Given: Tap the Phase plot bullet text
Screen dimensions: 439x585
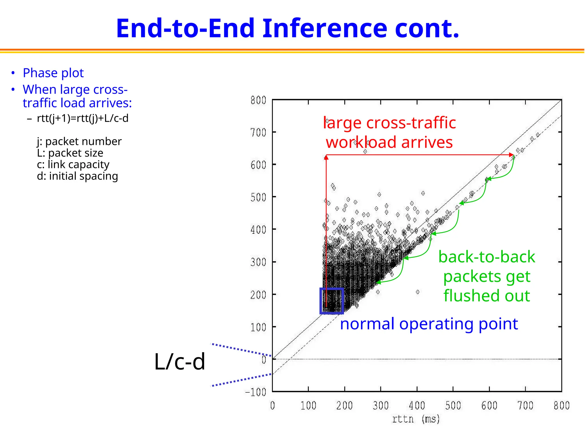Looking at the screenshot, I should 53,73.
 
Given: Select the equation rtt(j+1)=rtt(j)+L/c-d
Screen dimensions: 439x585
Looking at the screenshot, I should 83,118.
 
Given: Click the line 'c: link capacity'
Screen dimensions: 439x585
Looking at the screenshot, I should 73,164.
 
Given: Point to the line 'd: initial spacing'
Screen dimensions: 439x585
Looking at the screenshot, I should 77,176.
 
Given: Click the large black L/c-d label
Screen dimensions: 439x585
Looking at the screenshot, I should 179,362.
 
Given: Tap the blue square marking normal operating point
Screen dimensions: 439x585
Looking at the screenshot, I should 332,301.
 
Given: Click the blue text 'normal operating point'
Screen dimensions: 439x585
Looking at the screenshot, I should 429,324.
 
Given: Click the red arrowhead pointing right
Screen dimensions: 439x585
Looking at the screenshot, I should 512,155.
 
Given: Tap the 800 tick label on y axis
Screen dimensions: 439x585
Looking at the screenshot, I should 258,100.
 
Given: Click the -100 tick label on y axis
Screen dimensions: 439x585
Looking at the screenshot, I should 256,392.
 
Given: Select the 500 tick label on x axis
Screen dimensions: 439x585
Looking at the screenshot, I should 453,406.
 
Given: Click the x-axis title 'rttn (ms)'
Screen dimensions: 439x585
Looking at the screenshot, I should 416,419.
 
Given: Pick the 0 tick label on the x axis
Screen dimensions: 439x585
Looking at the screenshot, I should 273,406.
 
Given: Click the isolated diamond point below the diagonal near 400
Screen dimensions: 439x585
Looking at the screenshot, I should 418,292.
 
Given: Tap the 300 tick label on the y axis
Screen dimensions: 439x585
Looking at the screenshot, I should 258,262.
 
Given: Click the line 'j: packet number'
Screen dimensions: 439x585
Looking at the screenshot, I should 79,141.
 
